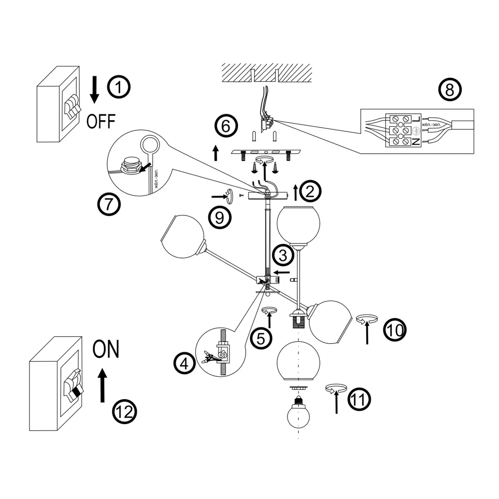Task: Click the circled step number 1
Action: pos(119,88)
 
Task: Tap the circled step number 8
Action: pos(450,90)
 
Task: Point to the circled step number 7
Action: pos(109,204)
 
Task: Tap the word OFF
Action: pos(101,121)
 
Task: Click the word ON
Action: pos(106,349)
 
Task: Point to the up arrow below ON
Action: pos(102,385)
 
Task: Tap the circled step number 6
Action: pos(226,126)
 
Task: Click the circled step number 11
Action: pos(359,400)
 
